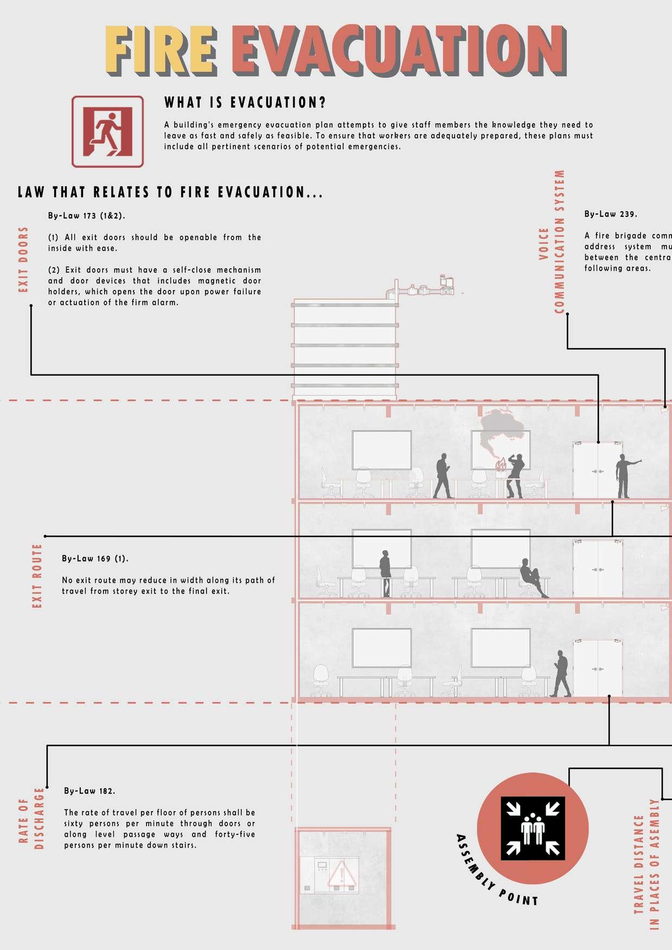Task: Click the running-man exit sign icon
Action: point(107,132)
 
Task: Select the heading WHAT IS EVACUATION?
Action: point(245,102)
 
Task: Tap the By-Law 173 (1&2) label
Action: point(86,216)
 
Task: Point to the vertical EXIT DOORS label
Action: point(23,260)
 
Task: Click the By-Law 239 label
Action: point(611,214)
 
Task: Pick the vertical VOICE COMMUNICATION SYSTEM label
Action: point(552,242)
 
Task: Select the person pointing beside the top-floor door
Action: point(625,476)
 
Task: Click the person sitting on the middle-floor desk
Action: point(532,578)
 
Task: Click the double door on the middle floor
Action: point(598,568)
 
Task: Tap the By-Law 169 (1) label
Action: point(95,559)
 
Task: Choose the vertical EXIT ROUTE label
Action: point(37,576)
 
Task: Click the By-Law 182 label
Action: point(89,791)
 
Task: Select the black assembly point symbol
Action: point(533,828)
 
